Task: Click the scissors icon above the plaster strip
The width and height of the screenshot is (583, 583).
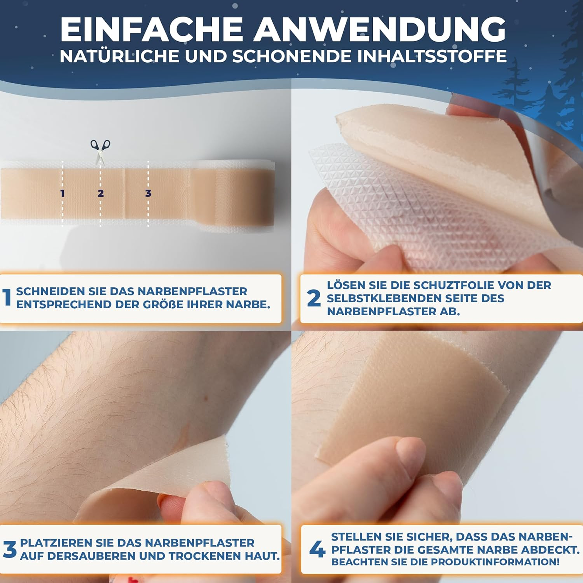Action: point(100,151)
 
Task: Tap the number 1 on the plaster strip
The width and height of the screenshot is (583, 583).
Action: point(62,193)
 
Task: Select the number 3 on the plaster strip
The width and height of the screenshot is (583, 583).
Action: point(148,193)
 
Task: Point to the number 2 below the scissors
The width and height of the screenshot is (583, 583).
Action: point(100,193)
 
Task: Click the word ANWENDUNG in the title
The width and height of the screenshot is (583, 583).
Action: point(379,29)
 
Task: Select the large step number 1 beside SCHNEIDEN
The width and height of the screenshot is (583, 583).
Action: point(7,297)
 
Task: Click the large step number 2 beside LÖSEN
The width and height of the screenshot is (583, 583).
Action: point(314,298)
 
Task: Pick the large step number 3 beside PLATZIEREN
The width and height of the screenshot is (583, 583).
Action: point(10,549)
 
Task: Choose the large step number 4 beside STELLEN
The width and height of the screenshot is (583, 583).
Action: point(317,549)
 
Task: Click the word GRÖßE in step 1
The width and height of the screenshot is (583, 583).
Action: point(163,304)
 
